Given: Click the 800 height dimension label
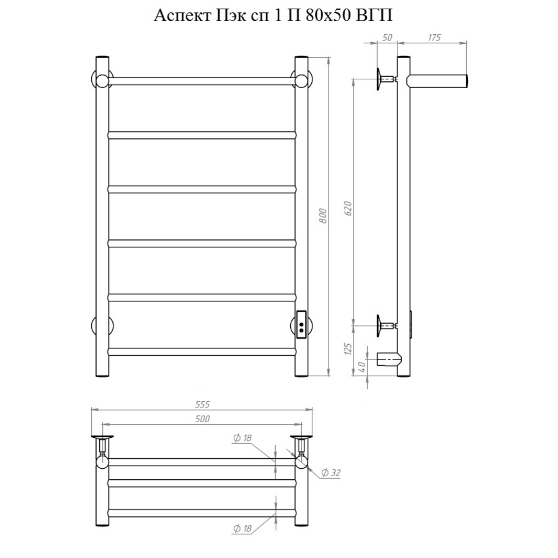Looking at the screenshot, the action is pos(323,216).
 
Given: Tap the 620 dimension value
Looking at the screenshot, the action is pos(348,208).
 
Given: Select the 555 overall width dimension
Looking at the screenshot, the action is pos(203,404).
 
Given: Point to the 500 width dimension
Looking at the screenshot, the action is pos(203,419).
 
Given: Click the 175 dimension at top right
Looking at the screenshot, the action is pos(434,37).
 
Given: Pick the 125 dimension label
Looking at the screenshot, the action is pos(348,348).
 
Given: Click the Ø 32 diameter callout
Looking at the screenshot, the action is pos(330,472).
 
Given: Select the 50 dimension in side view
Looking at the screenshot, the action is pos(387,37).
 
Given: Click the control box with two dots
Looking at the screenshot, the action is pos(301,324).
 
